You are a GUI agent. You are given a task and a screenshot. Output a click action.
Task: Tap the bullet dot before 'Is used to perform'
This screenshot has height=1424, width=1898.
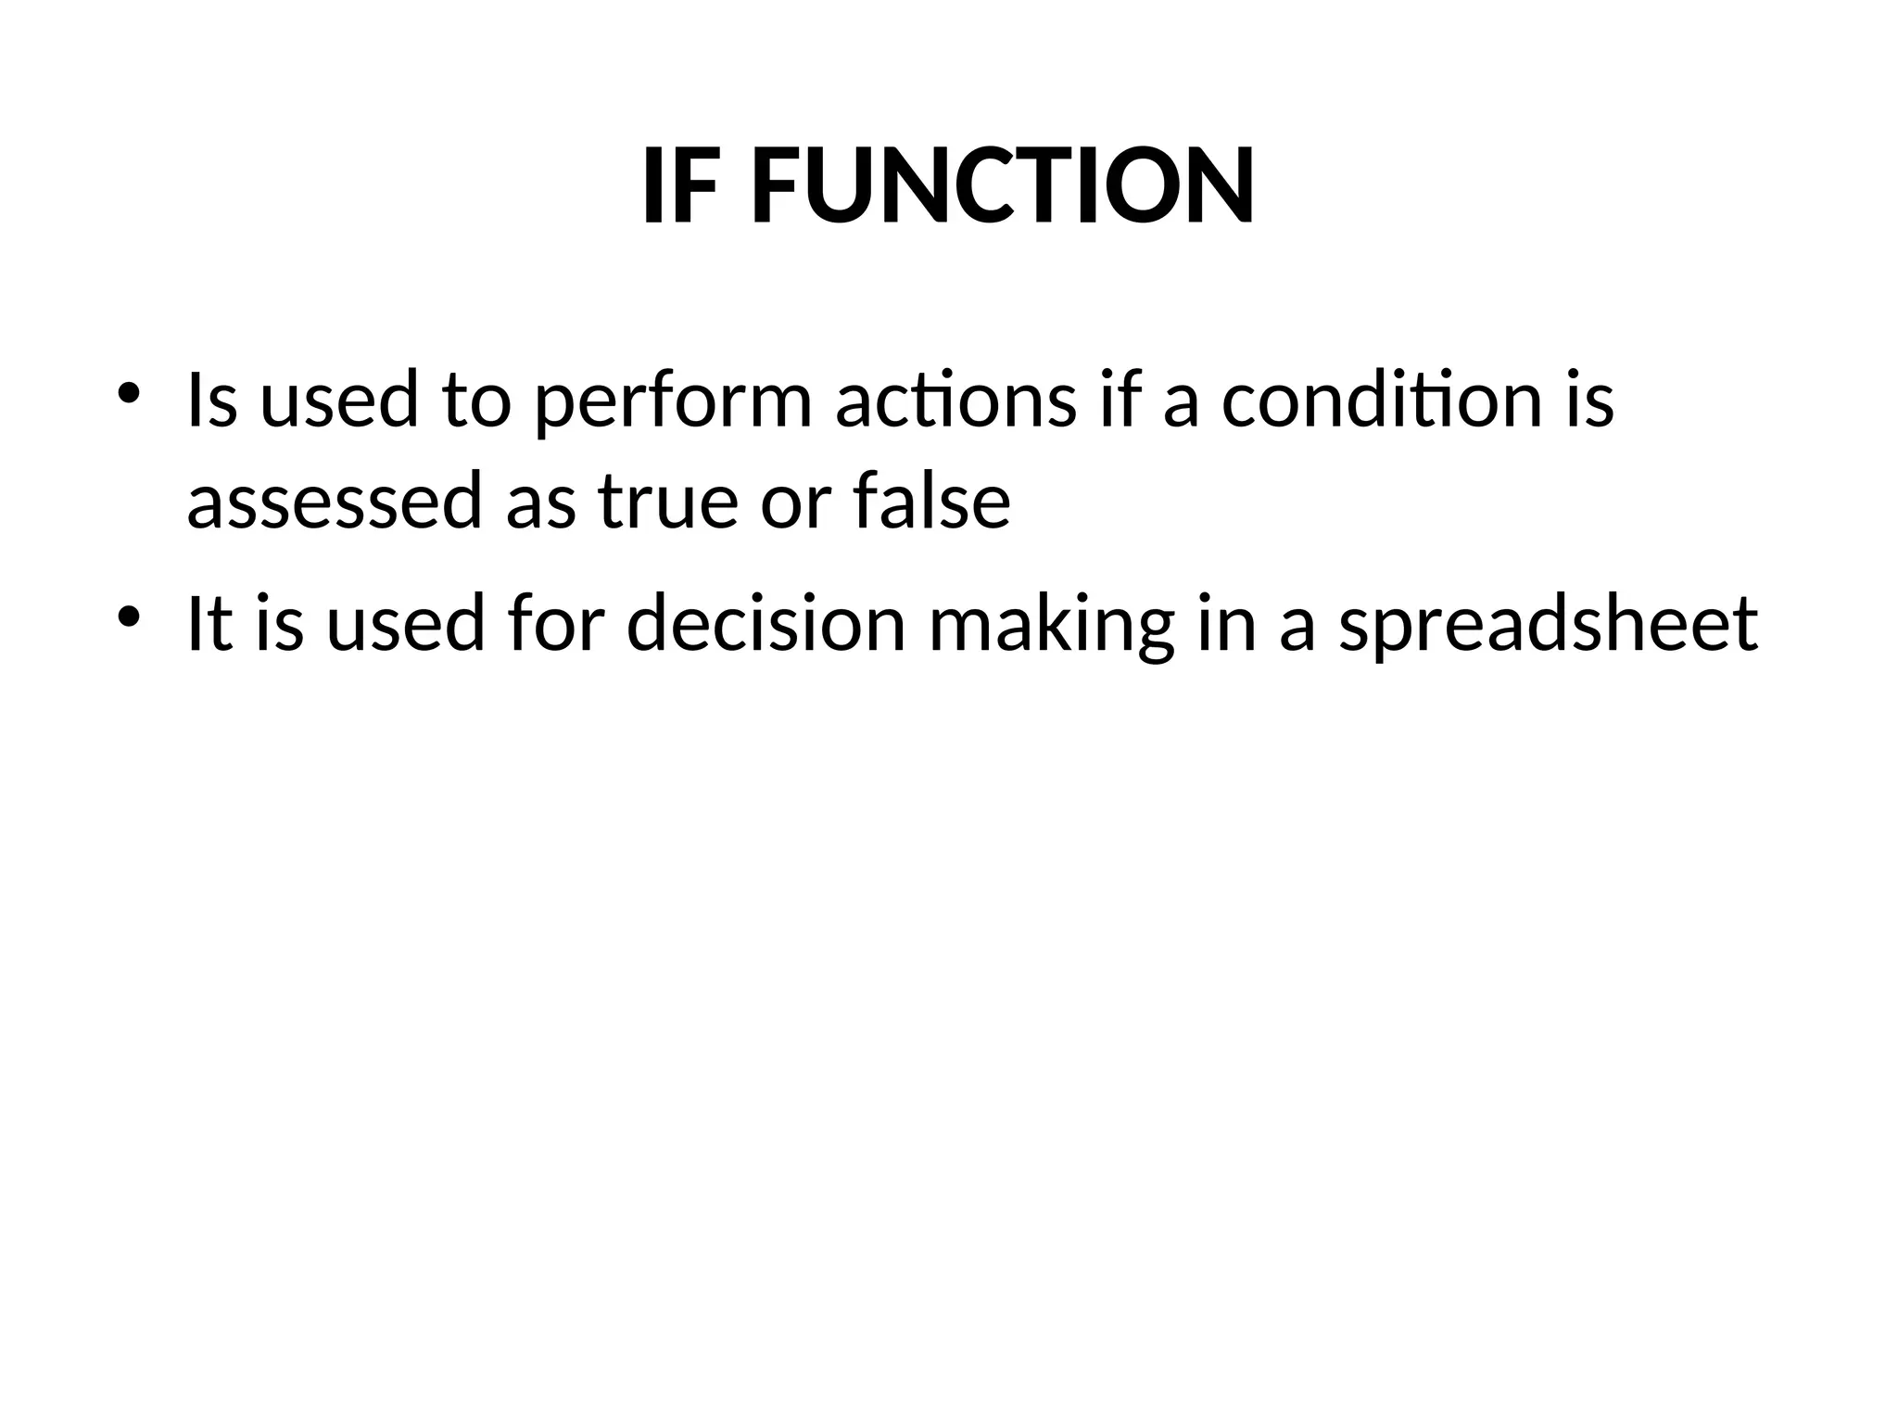(129, 392)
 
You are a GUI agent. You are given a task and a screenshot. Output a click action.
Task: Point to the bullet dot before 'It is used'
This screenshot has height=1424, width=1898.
(129, 615)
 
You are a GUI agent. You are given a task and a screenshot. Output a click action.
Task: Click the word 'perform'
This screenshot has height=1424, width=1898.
(674, 404)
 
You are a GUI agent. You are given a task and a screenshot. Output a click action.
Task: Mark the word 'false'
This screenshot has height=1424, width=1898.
(931, 501)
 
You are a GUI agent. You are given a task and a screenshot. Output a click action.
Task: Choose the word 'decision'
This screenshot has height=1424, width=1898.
(766, 623)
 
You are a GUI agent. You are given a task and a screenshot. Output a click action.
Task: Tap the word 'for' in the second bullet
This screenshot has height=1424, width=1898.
(550, 623)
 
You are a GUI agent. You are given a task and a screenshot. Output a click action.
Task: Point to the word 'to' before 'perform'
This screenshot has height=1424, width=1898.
(476, 403)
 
